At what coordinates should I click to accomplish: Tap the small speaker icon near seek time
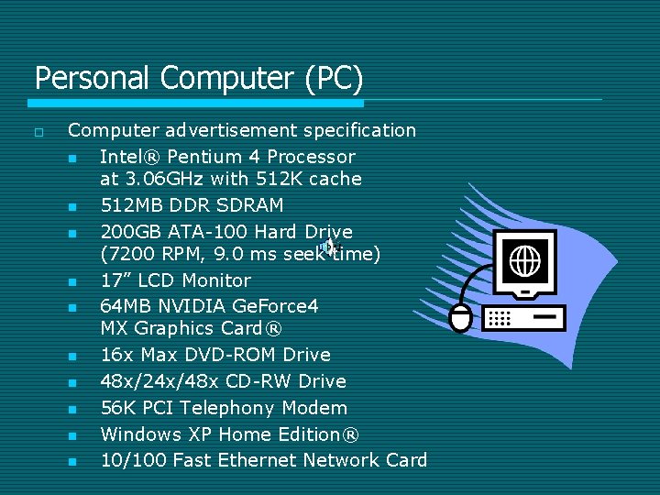click(328, 245)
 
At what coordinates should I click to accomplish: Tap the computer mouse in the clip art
click(461, 317)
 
